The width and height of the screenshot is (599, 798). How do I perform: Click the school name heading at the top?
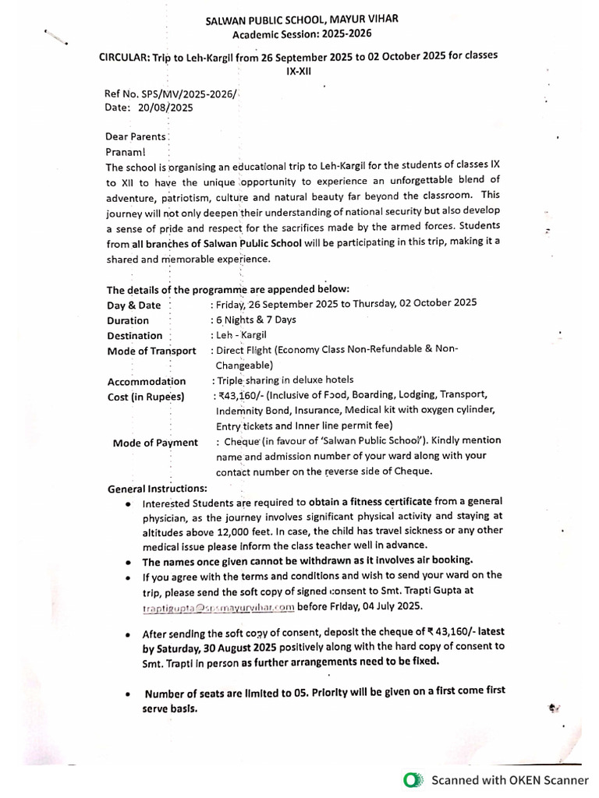tap(302, 19)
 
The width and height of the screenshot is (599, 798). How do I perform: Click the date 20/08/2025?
tap(164, 108)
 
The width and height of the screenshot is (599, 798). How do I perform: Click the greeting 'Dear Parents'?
tap(136, 136)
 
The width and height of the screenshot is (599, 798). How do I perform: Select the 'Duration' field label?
tap(128, 320)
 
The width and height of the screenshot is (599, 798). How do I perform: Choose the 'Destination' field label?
tap(135, 336)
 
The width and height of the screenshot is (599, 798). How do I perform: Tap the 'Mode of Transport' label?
tap(151, 351)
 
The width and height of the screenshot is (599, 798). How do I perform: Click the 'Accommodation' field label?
tap(146, 381)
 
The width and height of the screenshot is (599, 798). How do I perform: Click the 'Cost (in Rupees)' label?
tap(145, 397)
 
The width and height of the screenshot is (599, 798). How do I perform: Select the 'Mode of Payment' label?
tap(155, 443)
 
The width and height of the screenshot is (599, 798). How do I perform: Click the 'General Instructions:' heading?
tap(158, 489)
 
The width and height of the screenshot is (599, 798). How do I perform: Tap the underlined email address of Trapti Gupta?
tap(218, 606)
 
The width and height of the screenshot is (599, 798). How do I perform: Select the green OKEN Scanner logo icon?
tap(413, 779)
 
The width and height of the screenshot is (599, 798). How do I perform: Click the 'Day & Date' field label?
tap(133, 305)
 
